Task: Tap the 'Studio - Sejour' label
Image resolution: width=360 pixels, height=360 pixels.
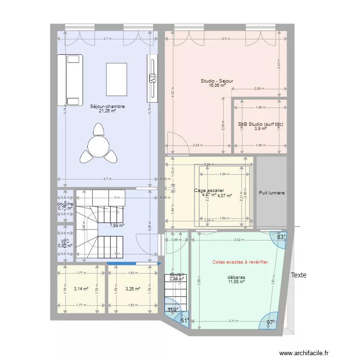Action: tap(217, 81)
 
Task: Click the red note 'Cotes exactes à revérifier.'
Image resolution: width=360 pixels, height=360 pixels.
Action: tap(240, 262)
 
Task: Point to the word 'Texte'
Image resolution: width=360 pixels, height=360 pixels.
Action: tap(298, 276)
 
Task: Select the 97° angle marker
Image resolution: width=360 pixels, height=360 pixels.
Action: tap(270, 323)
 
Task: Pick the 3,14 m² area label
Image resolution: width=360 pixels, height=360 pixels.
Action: tap(81, 289)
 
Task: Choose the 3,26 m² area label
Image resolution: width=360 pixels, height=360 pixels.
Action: tap(132, 289)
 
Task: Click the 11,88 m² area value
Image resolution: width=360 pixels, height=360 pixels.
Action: tap(237, 282)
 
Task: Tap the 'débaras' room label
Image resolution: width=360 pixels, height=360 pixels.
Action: tap(237, 277)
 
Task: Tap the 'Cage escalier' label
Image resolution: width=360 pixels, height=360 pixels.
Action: tap(209, 191)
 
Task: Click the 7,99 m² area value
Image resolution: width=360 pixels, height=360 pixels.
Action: tap(117, 225)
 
